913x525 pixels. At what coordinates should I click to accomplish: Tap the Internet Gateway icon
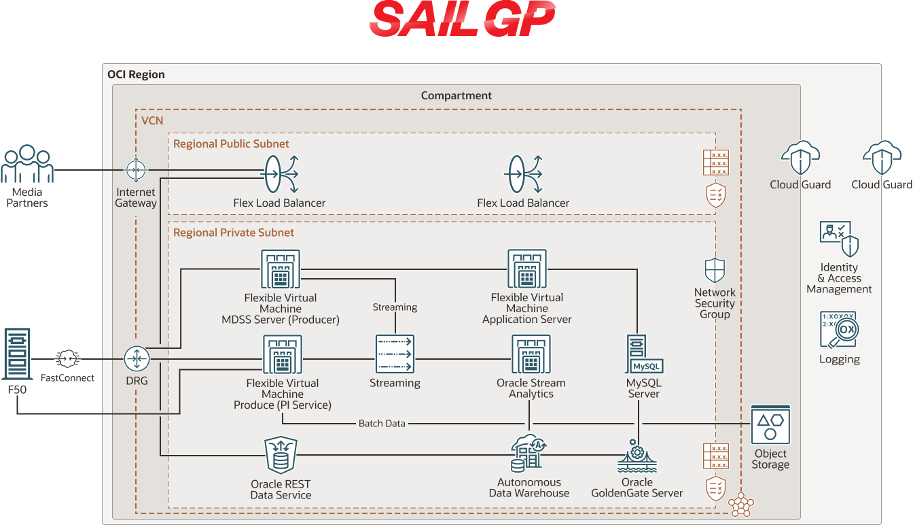coord(136,170)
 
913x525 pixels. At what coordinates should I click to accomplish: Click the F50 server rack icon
coord(17,354)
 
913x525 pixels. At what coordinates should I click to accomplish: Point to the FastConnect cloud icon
coord(67,358)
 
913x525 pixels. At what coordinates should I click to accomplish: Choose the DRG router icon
coord(137,358)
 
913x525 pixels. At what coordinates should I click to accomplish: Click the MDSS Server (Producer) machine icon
coord(281,269)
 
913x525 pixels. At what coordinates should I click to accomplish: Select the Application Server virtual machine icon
coord(527,269)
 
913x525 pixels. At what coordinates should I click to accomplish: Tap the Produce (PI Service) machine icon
coord(283,356)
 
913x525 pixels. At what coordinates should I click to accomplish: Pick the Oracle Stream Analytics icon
coord(531,356)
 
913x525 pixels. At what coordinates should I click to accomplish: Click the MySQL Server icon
coord(643,355)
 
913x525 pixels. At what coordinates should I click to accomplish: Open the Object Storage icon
coord(770,425)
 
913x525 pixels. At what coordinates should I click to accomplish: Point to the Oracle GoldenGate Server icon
coord(637,456)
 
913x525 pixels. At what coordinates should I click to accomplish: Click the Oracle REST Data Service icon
coord(281,456)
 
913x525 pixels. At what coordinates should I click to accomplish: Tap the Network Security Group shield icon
coord(715,270)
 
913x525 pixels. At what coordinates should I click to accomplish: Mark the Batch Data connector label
coord(382,424)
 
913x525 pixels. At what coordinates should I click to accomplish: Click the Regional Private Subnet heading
coord(234,233)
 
